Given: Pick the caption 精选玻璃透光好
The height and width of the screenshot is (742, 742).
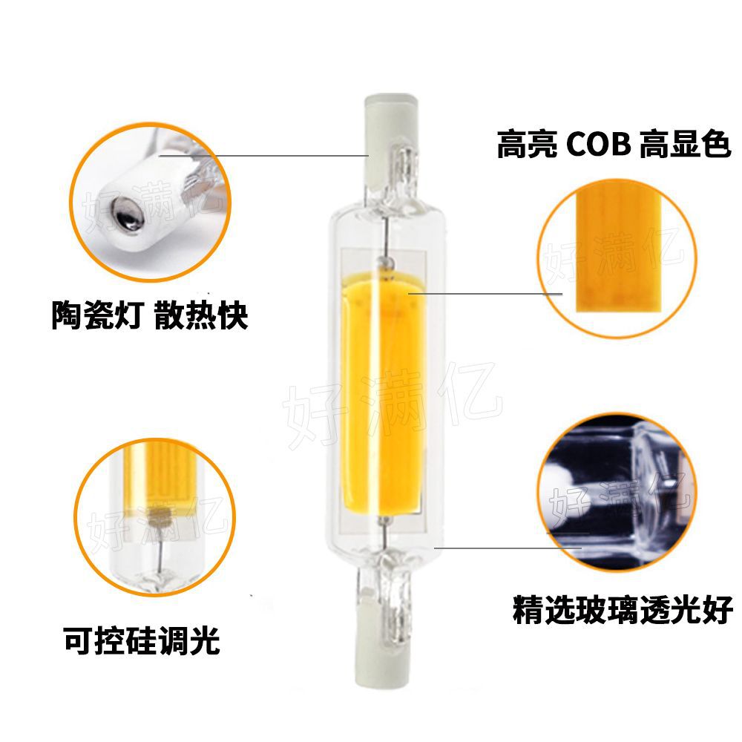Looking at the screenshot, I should click(x=622, y=611).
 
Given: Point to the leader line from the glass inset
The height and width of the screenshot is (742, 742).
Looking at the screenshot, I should click(x=505, y=548).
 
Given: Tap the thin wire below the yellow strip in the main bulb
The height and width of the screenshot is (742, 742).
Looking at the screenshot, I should click(x=385, y=534).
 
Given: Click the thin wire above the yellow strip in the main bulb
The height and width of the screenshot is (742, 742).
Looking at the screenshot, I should click(x=385, y=237).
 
